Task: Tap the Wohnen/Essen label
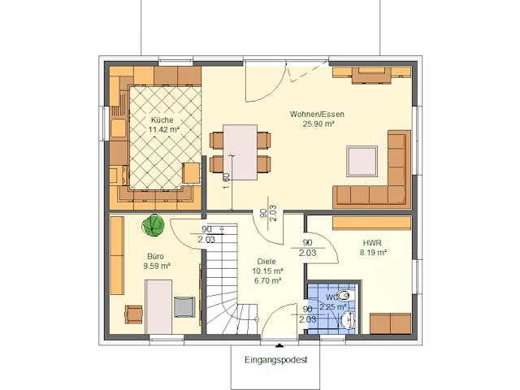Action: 317,115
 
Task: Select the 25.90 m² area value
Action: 317,124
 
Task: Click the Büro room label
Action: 155,256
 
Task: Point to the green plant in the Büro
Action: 151,225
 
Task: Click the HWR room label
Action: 373,242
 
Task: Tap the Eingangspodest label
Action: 275,359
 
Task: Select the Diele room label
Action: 267,262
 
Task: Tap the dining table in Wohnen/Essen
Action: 240,151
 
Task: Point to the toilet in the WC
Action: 345,296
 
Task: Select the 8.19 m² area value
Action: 373,253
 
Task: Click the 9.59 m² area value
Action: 155,266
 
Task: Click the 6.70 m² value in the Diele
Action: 267,280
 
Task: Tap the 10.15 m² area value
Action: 267,271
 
